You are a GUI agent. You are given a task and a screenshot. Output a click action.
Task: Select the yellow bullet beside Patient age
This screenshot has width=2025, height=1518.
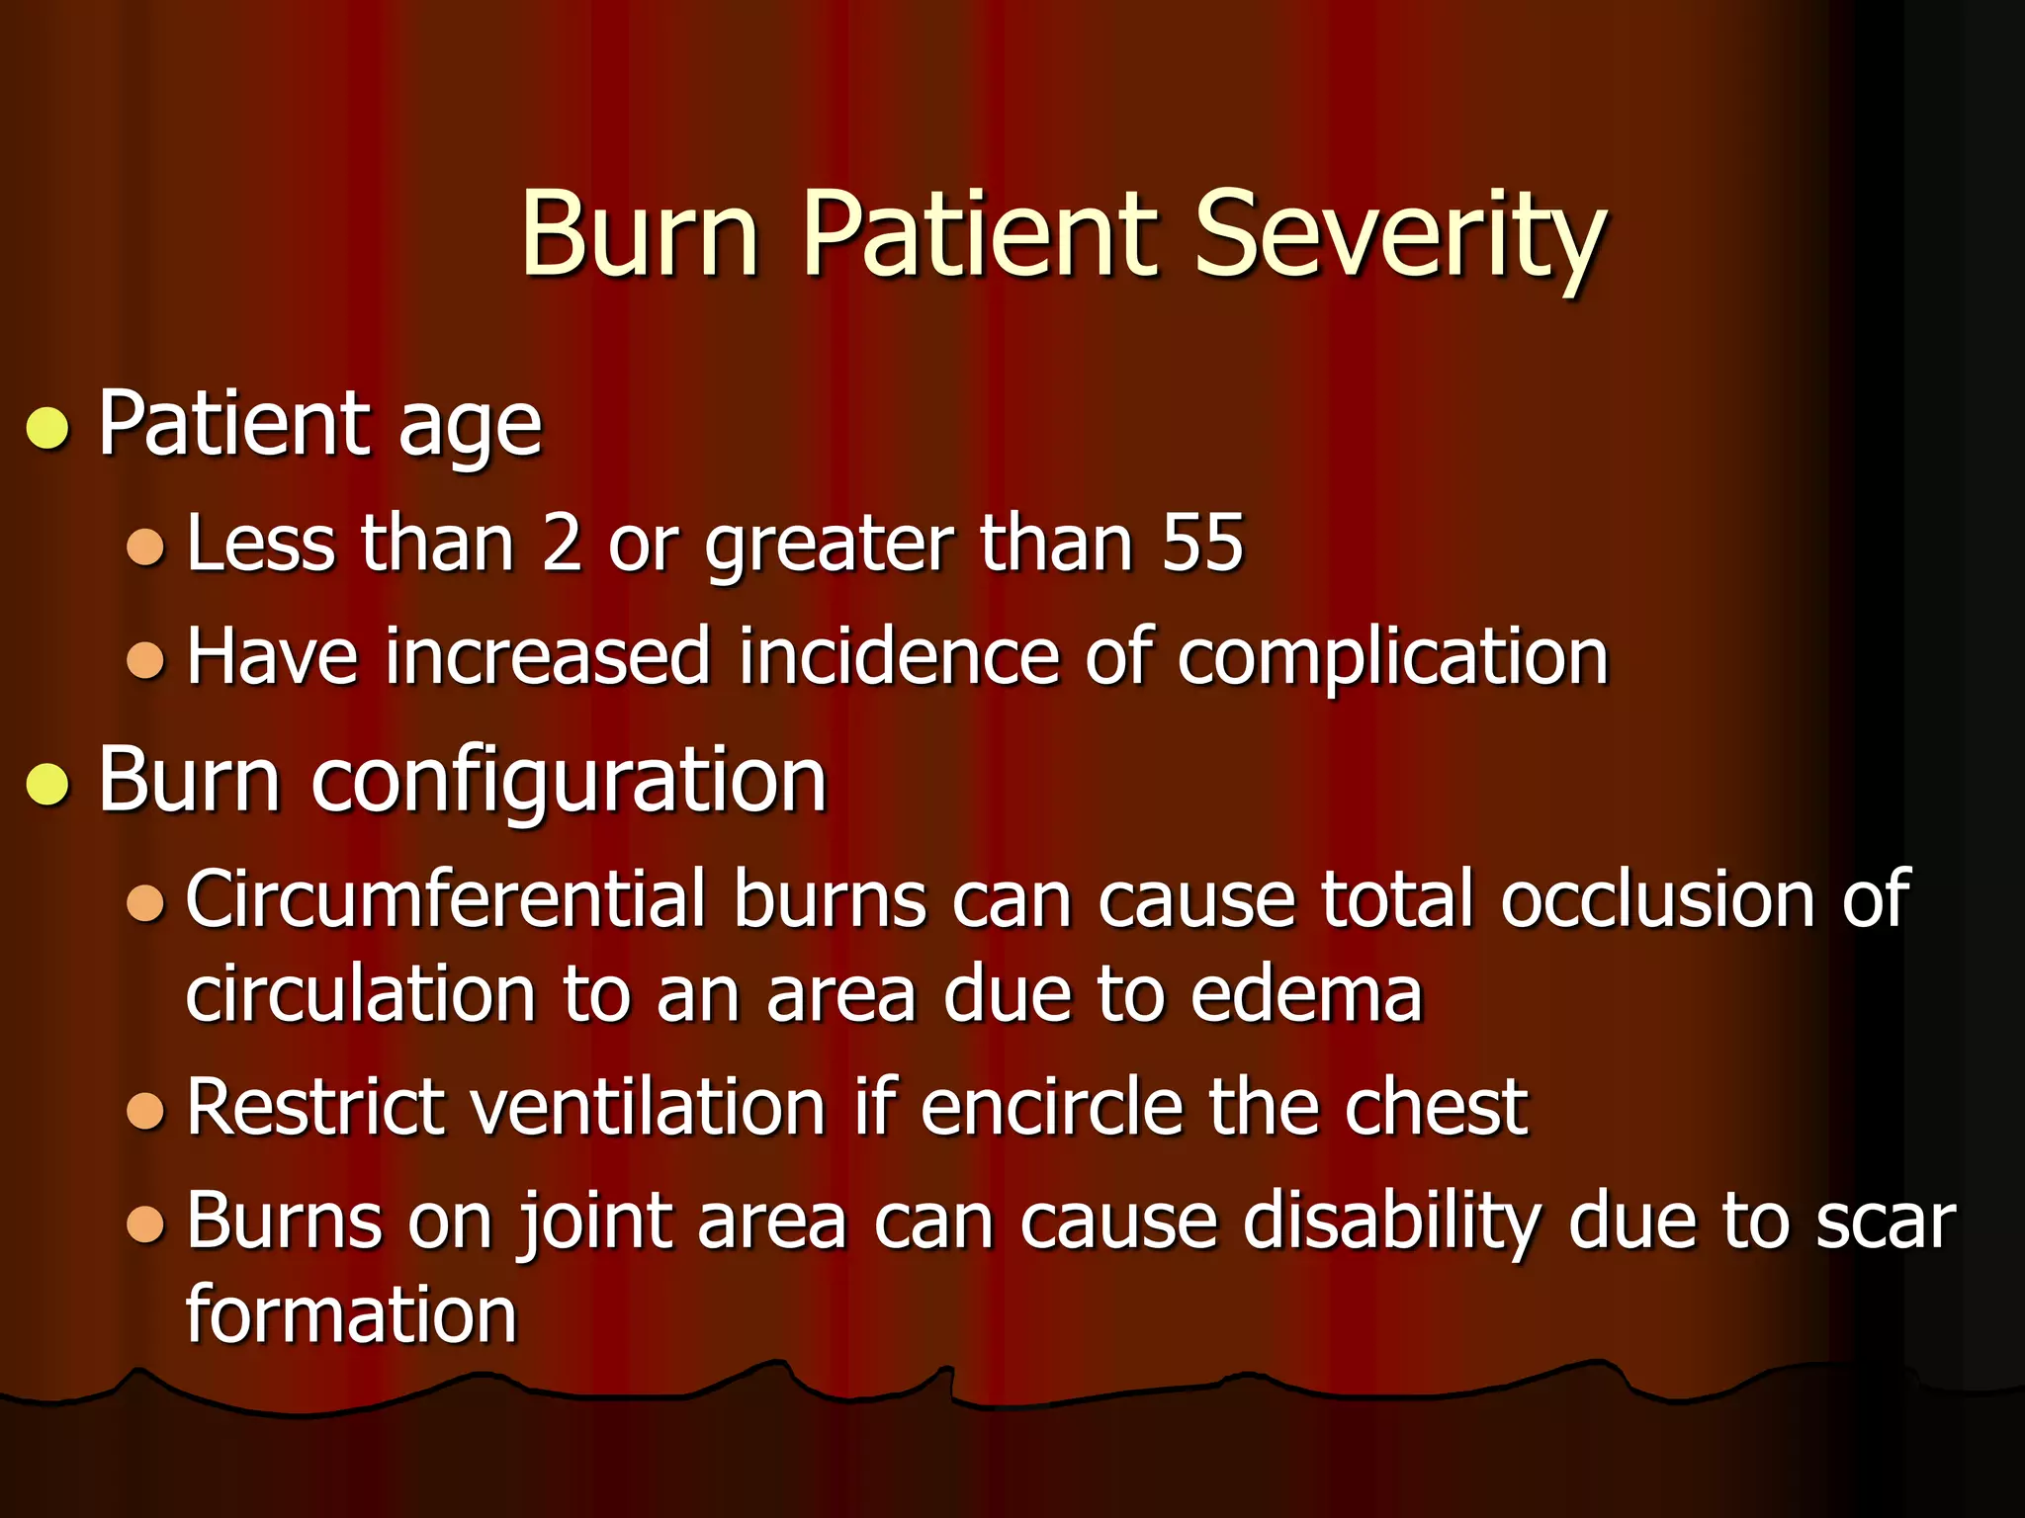tap(47, 428)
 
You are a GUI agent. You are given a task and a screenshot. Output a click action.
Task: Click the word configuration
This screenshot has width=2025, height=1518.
tap(569, 782)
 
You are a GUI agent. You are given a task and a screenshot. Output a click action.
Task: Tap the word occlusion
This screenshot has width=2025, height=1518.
tap(1657, 899)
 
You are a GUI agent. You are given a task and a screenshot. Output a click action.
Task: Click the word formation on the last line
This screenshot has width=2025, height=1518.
tap(351, 1315)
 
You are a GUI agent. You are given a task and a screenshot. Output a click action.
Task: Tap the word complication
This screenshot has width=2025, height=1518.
tap(1392, 658)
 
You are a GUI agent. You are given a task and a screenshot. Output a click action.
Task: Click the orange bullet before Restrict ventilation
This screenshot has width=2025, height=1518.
tap(145, 1111)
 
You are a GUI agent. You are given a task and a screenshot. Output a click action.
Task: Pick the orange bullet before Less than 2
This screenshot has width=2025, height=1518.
tap(145, 547)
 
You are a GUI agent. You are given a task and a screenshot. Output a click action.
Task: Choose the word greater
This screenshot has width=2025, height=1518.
tap(829, 545)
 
